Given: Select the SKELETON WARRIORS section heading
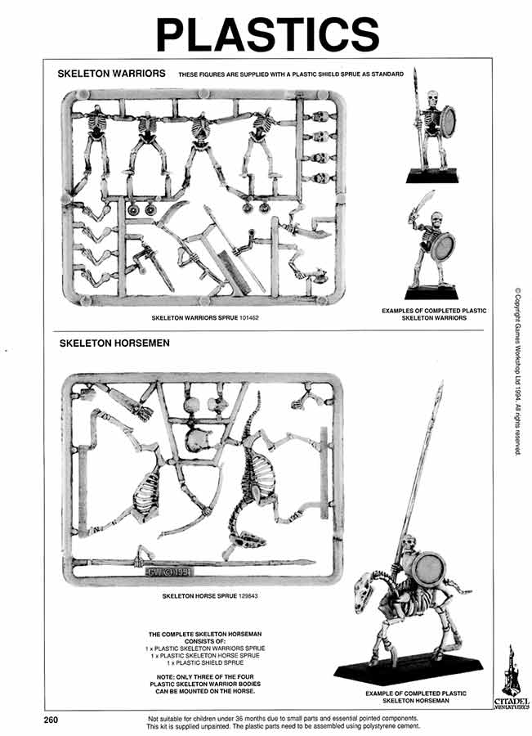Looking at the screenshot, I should (111, 74).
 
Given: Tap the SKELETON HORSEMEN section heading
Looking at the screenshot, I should (114, 343).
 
